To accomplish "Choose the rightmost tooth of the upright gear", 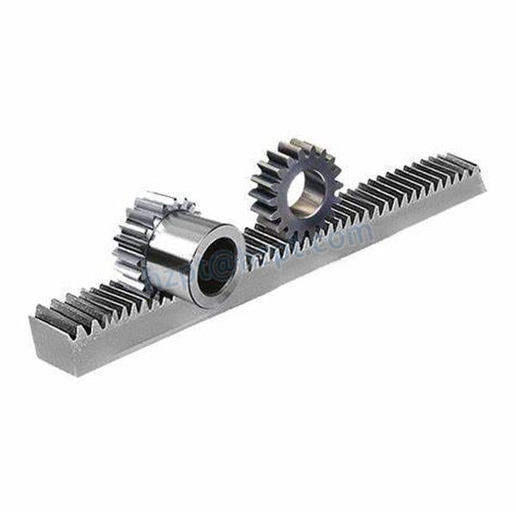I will click(x=338, y=183).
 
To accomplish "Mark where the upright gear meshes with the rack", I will click(x=297, y=230).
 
